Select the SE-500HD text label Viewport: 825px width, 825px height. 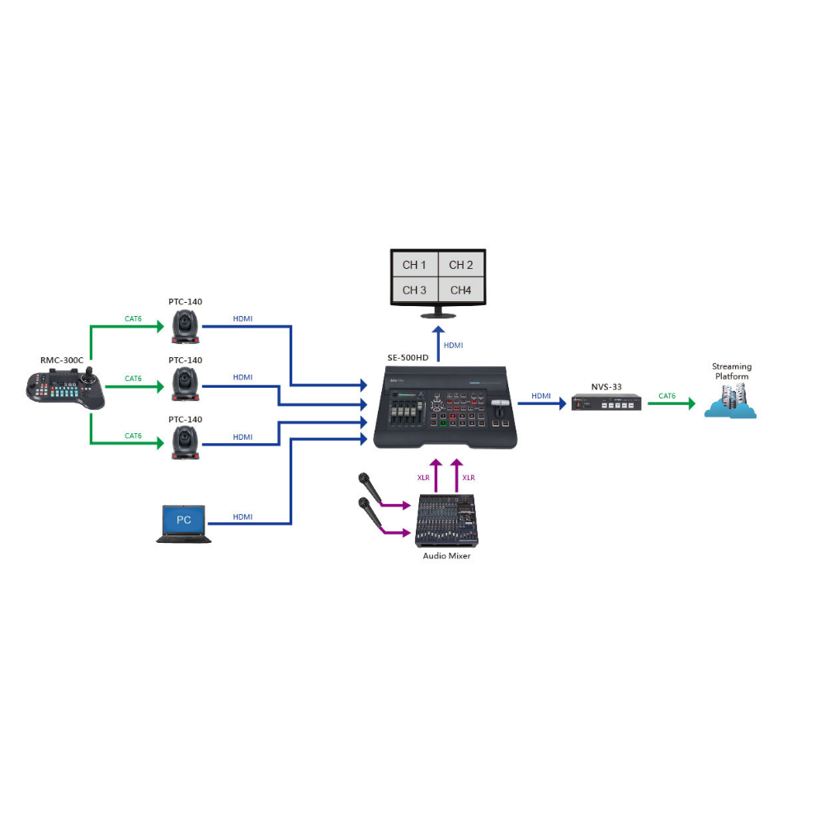point(408,358)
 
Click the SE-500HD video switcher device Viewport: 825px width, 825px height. point(445,408)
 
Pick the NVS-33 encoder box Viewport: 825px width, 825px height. point(606,404)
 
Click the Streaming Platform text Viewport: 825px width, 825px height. point(732,371)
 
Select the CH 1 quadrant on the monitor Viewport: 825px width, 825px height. point(414,265)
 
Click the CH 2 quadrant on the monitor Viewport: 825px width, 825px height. point(461,265)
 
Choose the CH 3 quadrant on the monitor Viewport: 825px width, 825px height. point(414,290)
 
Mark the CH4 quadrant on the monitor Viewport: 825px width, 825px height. point(461,290)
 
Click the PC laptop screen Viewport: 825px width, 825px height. point(183,520)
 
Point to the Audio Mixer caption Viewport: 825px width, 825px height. point(447,556)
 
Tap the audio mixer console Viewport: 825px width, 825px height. point(446,520)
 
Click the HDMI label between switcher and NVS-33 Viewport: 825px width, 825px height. point(541,396)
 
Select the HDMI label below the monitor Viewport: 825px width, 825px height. point(454,346)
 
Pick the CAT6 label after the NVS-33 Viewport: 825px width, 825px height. point(667,396)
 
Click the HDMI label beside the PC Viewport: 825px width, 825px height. point(243,516)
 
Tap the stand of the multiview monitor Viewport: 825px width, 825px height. point(438,313)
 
